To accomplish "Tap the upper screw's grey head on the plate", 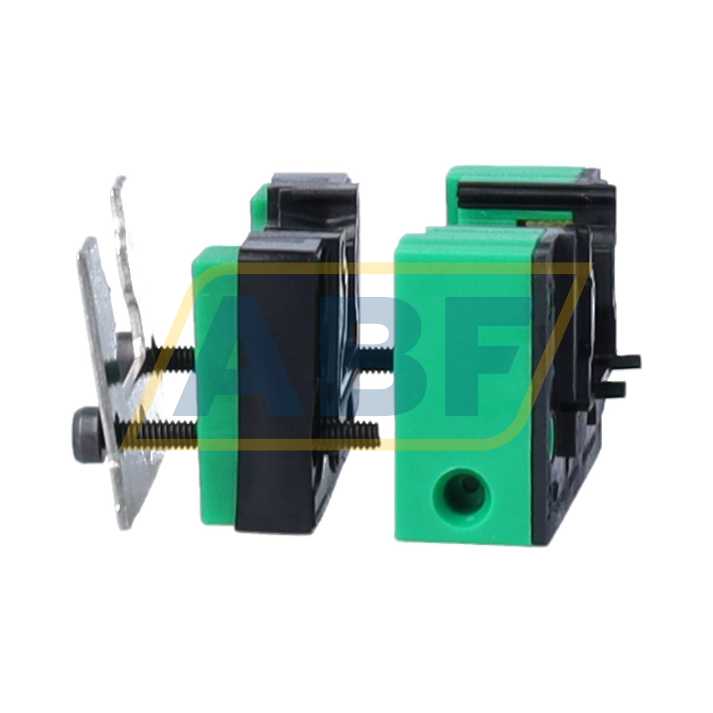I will tap(125, 341).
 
